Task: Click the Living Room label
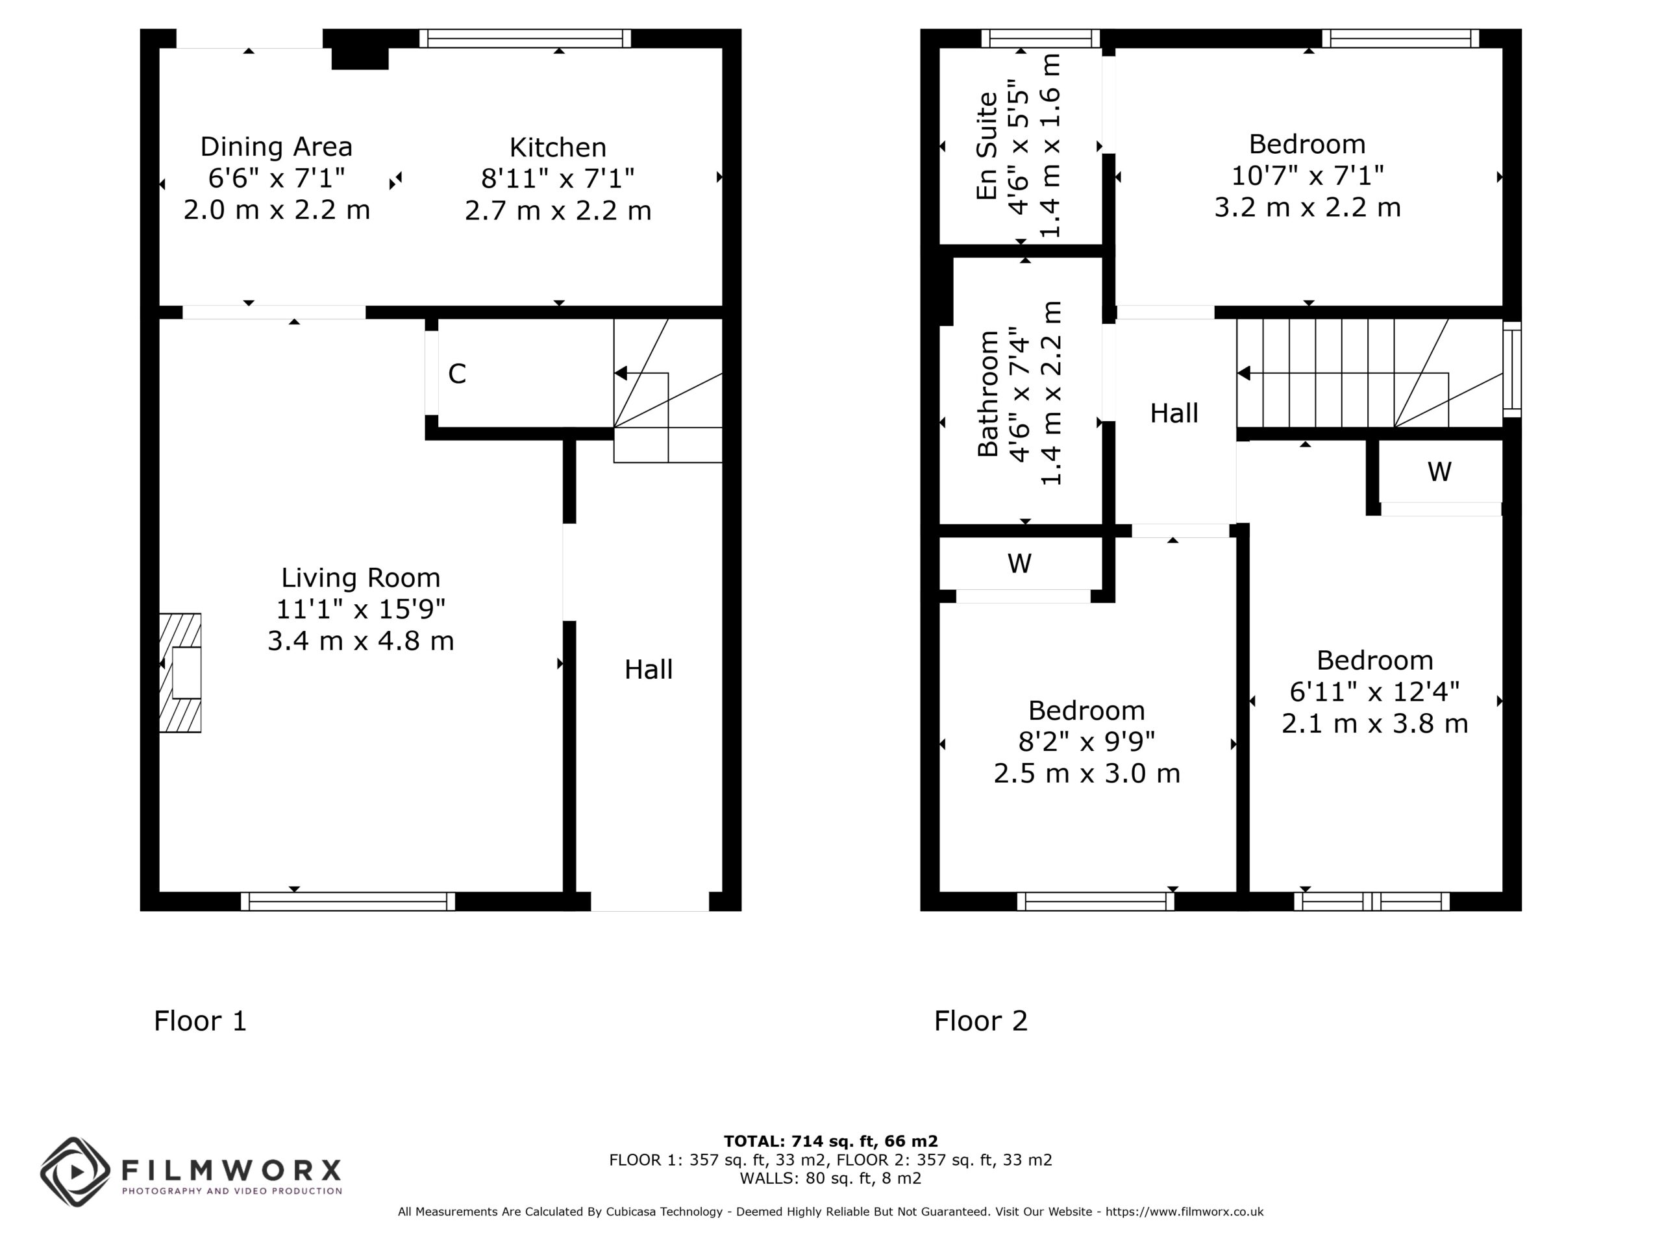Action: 361,578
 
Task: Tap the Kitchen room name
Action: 558,147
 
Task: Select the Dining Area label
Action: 277,147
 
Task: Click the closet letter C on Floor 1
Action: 457,373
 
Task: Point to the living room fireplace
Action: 180,672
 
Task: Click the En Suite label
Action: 987,146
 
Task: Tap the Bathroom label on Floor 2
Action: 987,393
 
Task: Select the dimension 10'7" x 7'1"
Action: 1308,176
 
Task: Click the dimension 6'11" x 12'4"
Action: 1374,691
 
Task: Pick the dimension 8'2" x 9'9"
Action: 1086,741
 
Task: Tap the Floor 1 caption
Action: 200,1021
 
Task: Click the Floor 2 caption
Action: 980,1021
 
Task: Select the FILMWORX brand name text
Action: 231,1170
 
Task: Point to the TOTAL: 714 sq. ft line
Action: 831,1142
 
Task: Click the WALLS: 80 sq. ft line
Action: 830,1178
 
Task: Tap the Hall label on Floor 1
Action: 649,669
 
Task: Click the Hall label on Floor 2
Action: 1174,413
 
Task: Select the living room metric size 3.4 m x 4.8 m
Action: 361,641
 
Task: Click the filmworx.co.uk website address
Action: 1184,1212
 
